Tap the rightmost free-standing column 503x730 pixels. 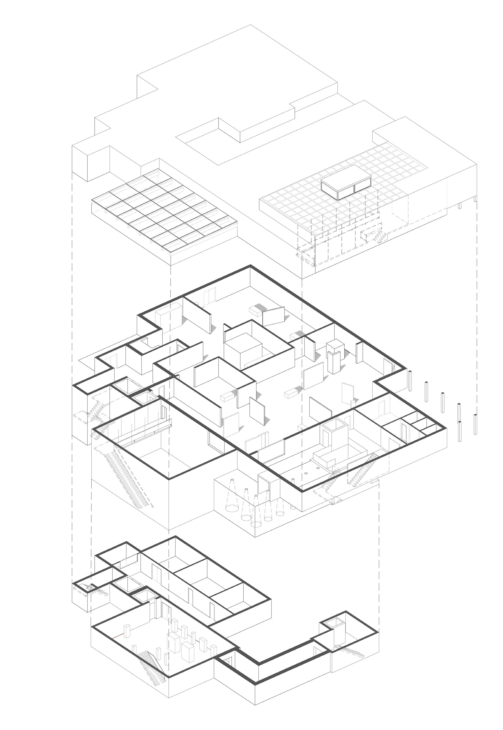475,425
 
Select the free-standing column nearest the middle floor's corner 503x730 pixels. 410,381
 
